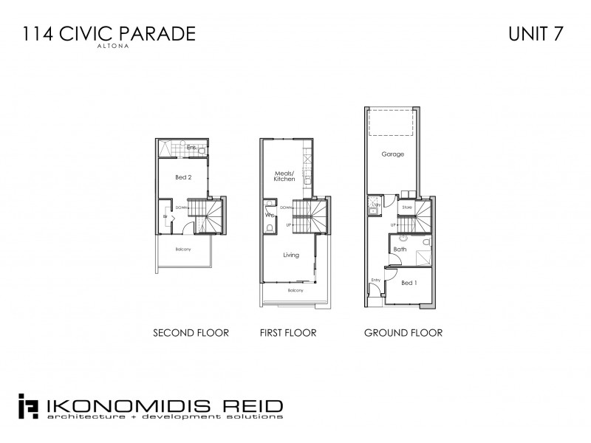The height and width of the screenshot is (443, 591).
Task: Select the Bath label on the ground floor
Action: coord(400,250)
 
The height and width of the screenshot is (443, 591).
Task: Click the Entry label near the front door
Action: coord(375,280)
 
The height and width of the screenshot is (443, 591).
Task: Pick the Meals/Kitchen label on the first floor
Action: coord(284,176)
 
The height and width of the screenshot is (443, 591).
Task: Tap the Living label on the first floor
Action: coord(290,255)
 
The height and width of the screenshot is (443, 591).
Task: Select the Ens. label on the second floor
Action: coord(191,148)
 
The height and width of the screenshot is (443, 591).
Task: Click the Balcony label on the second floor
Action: coord(183,249)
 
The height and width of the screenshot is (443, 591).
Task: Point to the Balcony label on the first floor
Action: coord(294,290)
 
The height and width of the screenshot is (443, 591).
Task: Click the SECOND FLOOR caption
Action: coord(191,333)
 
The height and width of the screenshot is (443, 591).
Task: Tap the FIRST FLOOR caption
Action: coord(288,333)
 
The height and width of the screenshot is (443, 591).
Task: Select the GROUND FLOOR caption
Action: coord(403,333)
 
